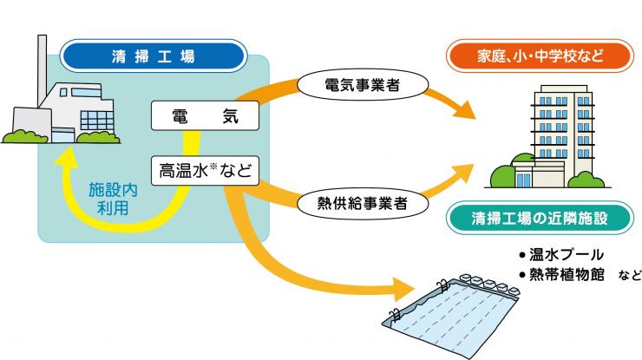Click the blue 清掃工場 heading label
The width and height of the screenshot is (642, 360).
point(153,58)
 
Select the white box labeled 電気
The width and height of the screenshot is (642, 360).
point(204,115)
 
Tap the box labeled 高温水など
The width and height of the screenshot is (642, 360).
point(204,170)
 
